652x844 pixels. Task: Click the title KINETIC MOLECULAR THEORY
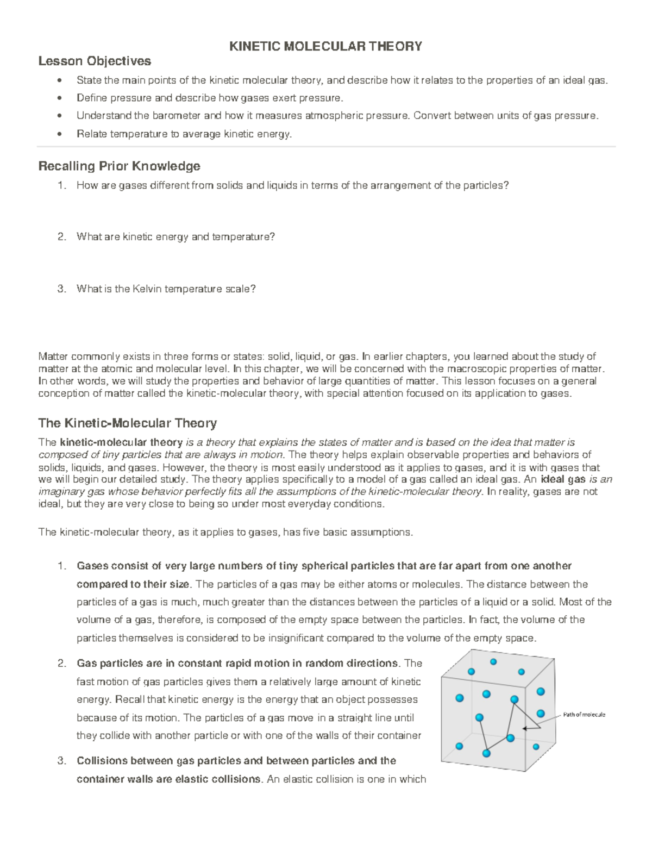coord(325,46)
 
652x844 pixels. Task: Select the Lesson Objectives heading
coord(95,60)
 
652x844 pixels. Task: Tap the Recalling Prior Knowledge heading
coord(119,166)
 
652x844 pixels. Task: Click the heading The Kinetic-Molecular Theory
coord(128,423)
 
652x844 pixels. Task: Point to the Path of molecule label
coord(584,715)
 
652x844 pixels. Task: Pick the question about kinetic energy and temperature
coord(175,237)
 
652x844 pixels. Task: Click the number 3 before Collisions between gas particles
coord(60,761)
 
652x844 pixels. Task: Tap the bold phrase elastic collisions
coord(222,779)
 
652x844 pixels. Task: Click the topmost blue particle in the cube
coord(493,661)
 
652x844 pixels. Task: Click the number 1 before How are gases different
coord(60,186)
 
